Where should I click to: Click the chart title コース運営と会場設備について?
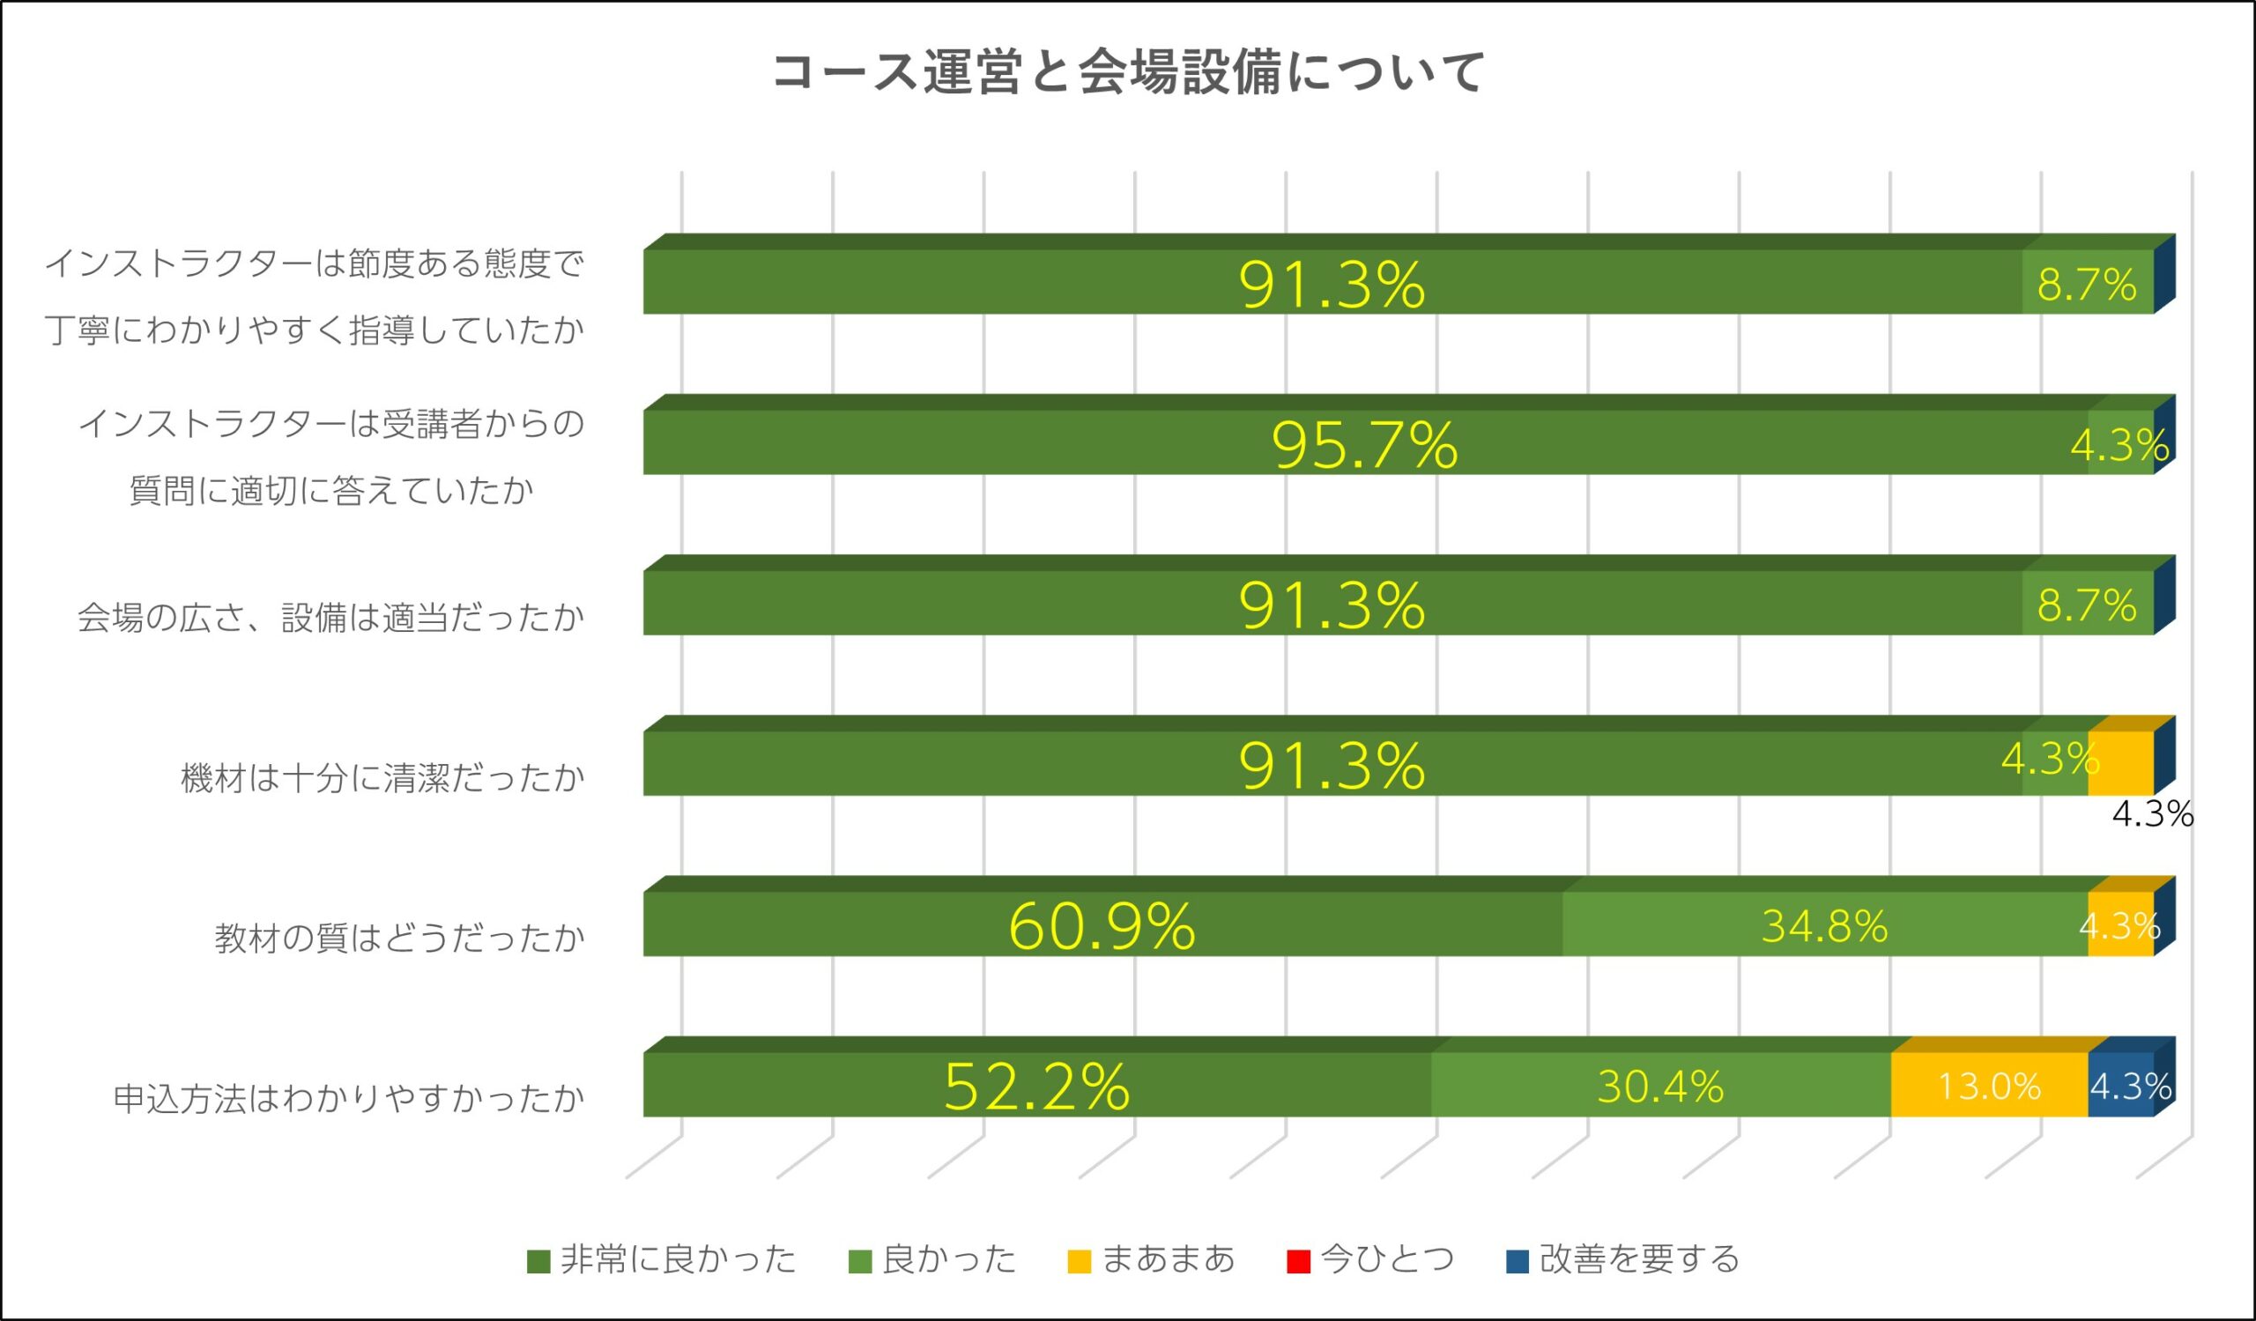1128,72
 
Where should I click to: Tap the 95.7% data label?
1364,445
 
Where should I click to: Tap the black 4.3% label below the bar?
2152,814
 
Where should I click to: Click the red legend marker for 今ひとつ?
1298,1261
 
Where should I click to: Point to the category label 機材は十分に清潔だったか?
382,777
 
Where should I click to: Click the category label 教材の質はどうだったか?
399,938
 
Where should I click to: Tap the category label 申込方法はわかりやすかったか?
348,1098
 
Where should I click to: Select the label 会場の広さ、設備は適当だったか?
330,617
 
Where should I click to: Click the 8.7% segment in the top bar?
2086,284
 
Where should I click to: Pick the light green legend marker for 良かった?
859,1261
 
